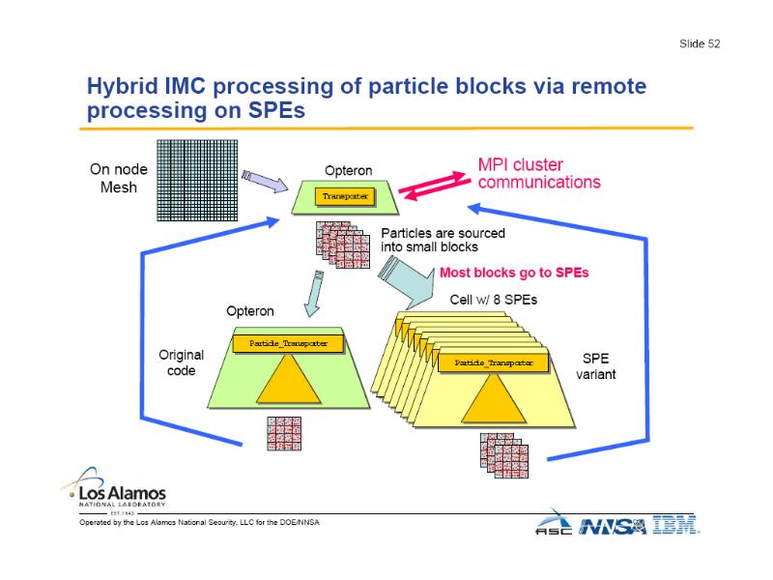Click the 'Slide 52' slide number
click(699, 43)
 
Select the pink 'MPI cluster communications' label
click(539, 173)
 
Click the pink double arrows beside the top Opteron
click(437, 185)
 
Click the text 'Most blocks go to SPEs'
click(514, 273)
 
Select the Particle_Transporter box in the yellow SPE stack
click(494, 362)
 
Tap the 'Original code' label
click(181, 362)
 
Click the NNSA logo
click(615, 524)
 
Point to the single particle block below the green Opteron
click(287, 429)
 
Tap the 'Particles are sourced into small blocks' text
click(443, 240)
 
